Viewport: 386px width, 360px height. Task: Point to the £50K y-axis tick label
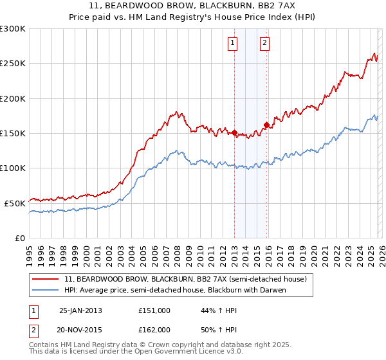pyautogui.click(x=14, y=203)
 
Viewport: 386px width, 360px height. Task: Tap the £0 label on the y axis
pyautogui.click(x=19, y=238)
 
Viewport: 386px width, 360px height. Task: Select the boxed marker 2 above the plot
pyautogui.click(x=264, y=44)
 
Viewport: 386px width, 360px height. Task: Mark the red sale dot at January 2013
pyautogui.click(x=235, y=133)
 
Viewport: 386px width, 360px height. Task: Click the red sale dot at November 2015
pyautogui.click(x=266, y=125)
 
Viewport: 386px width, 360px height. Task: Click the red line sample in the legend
pyautogui.click(x=46, y=279)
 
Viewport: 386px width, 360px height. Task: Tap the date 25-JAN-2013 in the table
pyautogui.click(x=80, y=310)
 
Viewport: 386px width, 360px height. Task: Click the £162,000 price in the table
pyautogui.click(x=154, y=329)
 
